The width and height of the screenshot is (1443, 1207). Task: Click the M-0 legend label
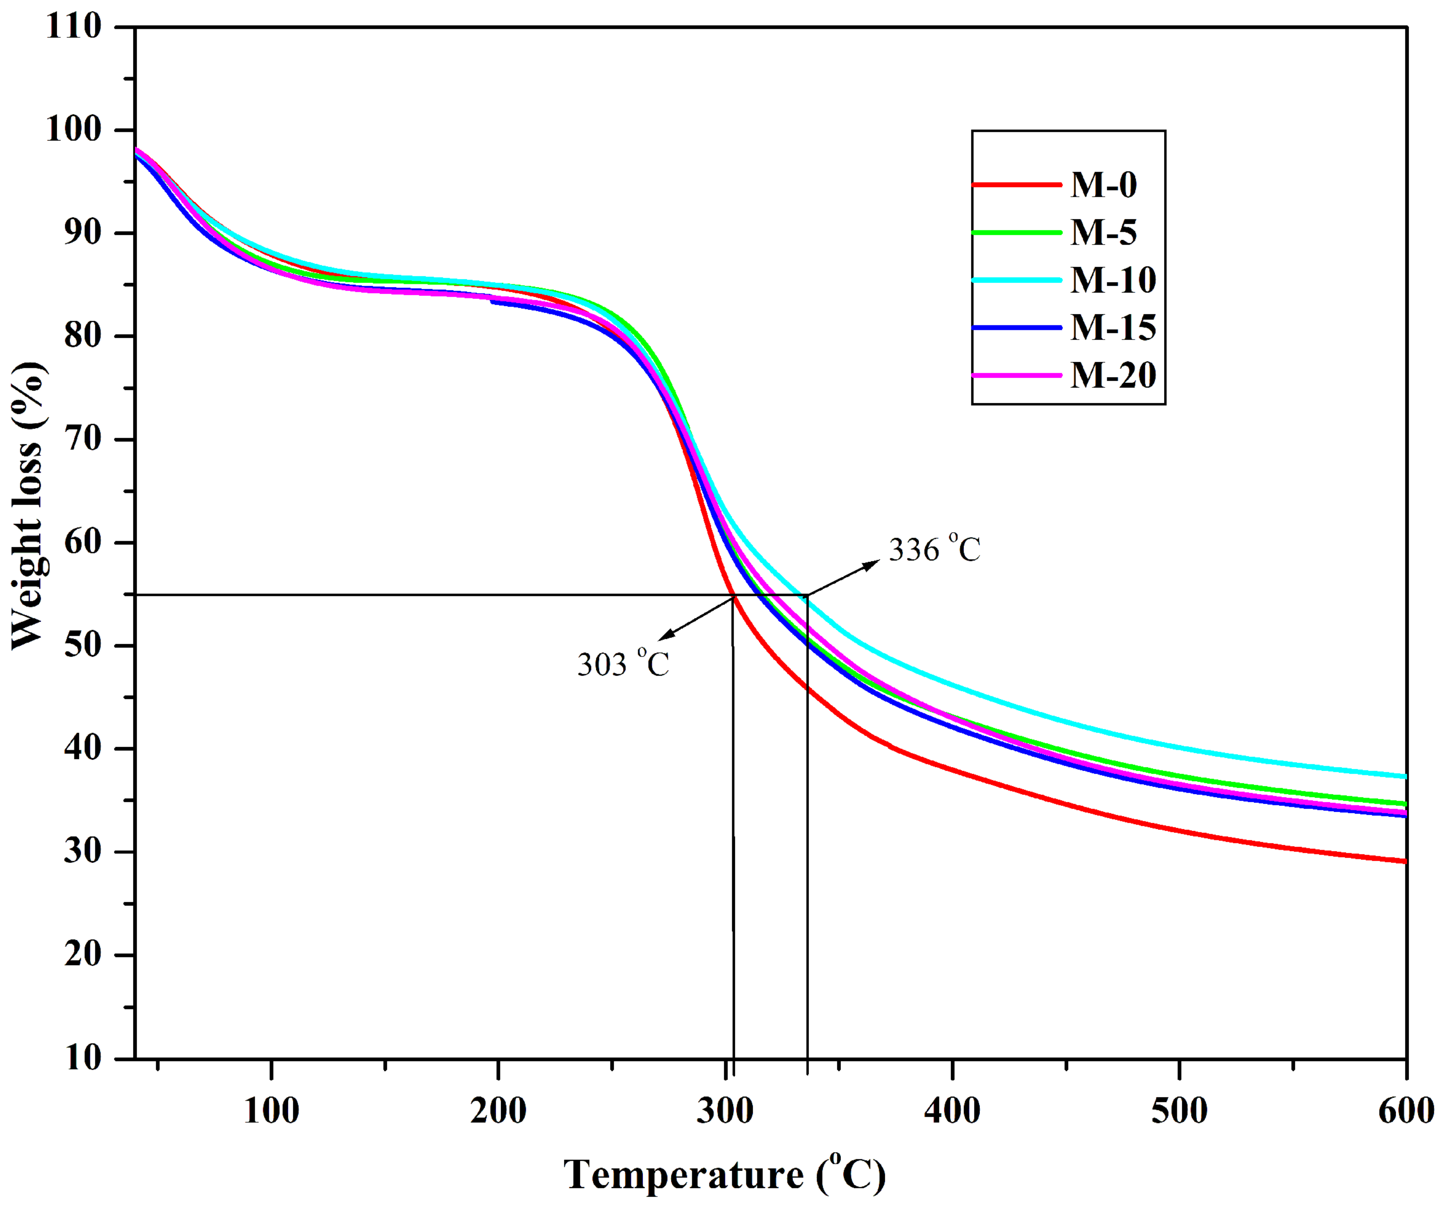(x=1103, y=185)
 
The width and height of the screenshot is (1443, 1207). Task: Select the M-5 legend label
(x=1103, y=232)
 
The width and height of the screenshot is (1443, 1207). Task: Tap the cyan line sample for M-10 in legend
(x=1017, y=280)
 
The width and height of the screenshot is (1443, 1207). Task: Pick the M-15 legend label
(x=1112, y=328)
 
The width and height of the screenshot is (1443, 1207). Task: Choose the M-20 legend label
(x=1112, y=375)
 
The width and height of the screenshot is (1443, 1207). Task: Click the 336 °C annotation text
(x=934, y=549)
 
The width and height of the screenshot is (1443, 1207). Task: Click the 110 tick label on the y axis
(x=73, y=27)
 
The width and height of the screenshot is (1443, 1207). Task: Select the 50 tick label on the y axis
(x=83, y=646)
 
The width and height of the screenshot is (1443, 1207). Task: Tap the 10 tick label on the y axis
(x=83, y=1058)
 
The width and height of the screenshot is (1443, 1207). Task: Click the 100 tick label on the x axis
(x=272, y=1111)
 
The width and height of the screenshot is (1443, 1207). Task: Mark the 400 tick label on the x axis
(x=952, y=1111)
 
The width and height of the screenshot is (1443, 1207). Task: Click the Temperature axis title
(x=724, y=1174)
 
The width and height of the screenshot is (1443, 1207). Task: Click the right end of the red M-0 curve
(x=1405, y=861)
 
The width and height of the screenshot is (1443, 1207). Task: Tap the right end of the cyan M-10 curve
(x=1405, y=776)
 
